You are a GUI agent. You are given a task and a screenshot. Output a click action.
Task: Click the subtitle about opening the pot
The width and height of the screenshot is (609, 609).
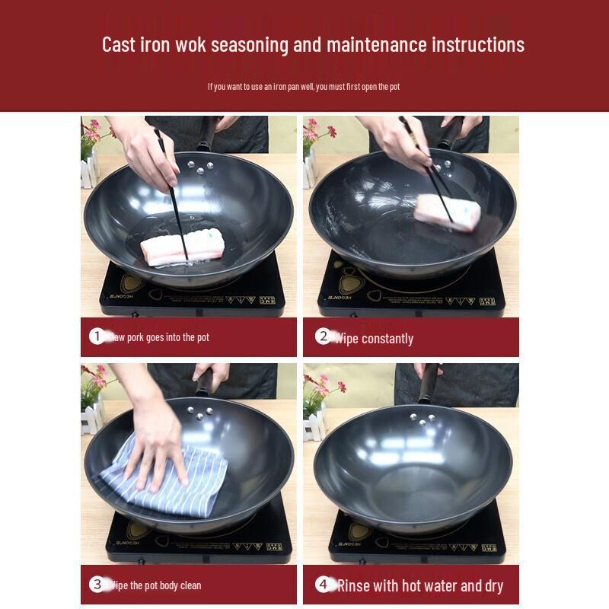[304, 87]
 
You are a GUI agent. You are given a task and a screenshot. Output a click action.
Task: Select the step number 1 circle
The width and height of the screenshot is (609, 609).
[97, 336]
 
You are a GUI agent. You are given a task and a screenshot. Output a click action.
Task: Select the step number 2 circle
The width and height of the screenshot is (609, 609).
[323, 336]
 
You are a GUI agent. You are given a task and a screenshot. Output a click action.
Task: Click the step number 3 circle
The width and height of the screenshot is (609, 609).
[97, 585]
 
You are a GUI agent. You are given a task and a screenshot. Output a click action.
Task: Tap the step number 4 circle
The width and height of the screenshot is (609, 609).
[323, 585]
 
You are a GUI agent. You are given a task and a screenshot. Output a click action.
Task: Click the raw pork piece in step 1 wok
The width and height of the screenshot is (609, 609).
[183, 248]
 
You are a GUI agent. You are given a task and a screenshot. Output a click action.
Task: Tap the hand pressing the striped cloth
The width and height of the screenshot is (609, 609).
[158, 449]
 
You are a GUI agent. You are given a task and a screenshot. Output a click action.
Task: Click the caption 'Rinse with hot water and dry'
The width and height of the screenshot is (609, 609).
[419, 585]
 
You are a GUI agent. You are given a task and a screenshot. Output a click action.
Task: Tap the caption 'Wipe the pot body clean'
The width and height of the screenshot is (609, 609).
[156, 585]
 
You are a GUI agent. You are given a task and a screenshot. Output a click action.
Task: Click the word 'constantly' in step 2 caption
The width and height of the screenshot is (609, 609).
[387, 338]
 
